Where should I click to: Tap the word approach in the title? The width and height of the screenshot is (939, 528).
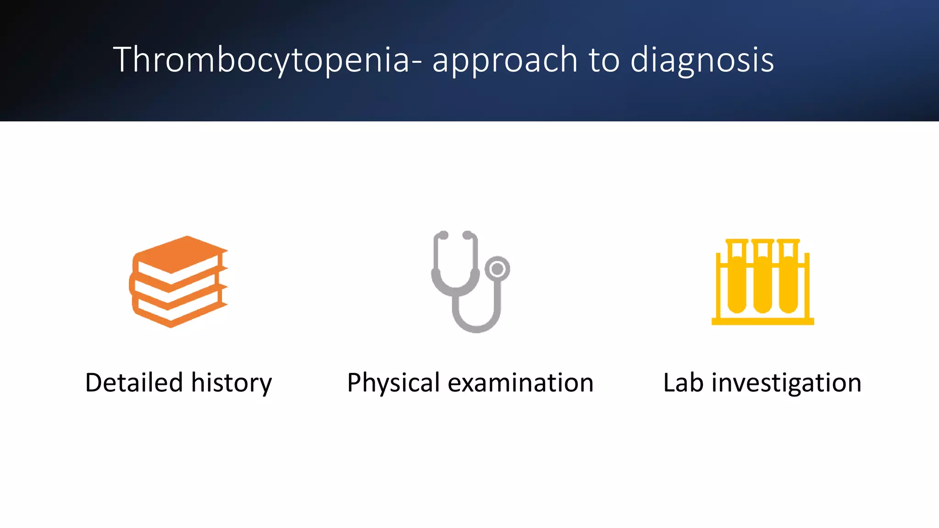click(x=504, y=60)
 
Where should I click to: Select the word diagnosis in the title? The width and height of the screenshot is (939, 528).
click(x=702, y=60)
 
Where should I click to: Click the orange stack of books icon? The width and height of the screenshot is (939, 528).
click(x=179, y=281)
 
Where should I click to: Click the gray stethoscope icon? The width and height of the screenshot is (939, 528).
click(x=470, y=281)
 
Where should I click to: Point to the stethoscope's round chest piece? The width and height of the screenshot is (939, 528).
click(x=497, y=269)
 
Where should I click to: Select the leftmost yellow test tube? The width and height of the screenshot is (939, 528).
click(x=737, y=282)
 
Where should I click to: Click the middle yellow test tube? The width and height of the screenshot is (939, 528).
click(x=762, y=282)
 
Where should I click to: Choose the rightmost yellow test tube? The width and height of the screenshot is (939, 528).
click(x=788, y=282)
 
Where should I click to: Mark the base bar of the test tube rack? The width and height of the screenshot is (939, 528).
click(x=762, y=321)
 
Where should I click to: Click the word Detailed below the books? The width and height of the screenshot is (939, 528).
click(x=134, y=383)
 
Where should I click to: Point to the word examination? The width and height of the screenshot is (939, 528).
click(x=520, y=383)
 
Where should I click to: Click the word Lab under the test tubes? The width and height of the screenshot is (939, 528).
click(x=683, y=383)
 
